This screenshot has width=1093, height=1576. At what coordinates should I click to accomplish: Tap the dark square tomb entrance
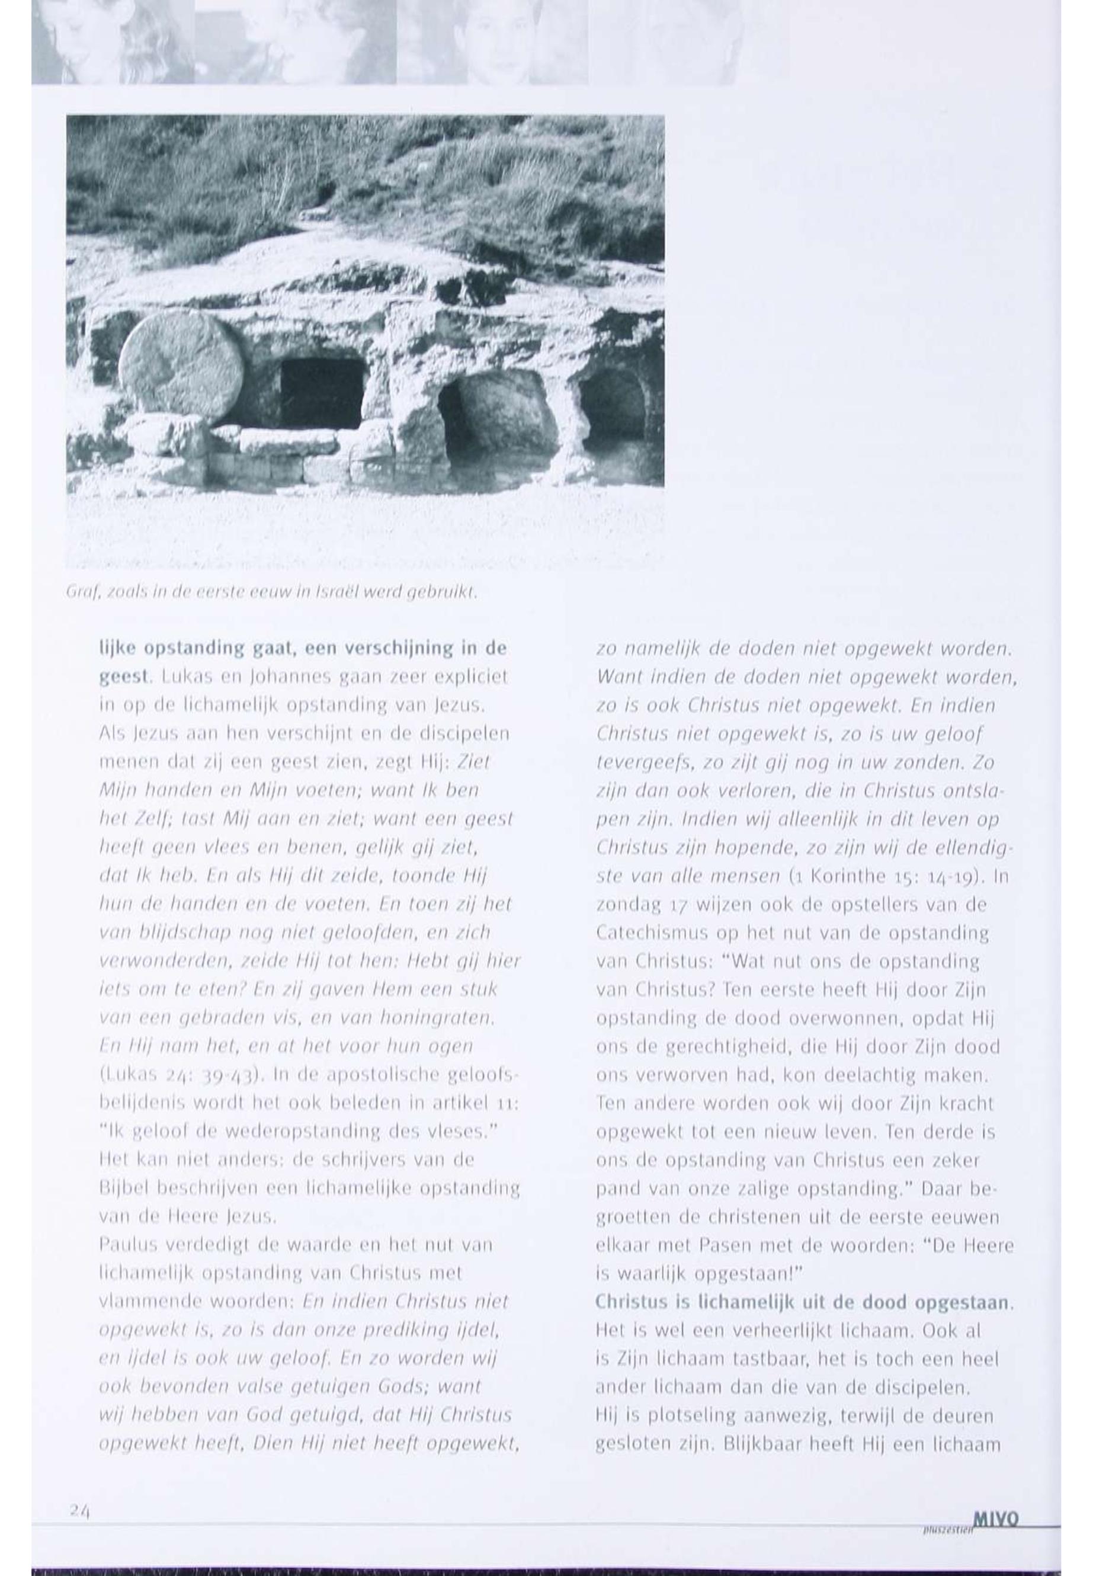pyautogui.click(x=321, y=393)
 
